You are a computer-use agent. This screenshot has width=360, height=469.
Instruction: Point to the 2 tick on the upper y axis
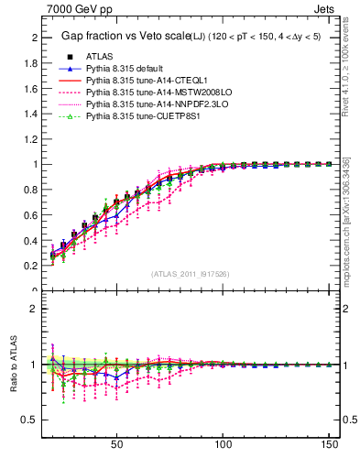pyautogui.click(x=33, y=38)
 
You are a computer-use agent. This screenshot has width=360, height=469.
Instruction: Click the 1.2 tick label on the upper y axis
pyautogui.click(x=29, y=139)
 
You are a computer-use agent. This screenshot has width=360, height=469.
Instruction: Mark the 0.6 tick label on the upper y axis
pyautogui.click(x=29, y=215)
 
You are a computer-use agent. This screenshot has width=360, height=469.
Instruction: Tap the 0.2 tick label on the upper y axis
pyautogui.click(x=29, y=266)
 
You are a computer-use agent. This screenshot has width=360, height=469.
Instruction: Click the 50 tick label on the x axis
pyautogui.click(x=116, y=446)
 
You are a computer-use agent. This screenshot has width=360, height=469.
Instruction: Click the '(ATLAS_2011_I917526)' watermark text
pyautogui.click(x=190, y=274)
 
